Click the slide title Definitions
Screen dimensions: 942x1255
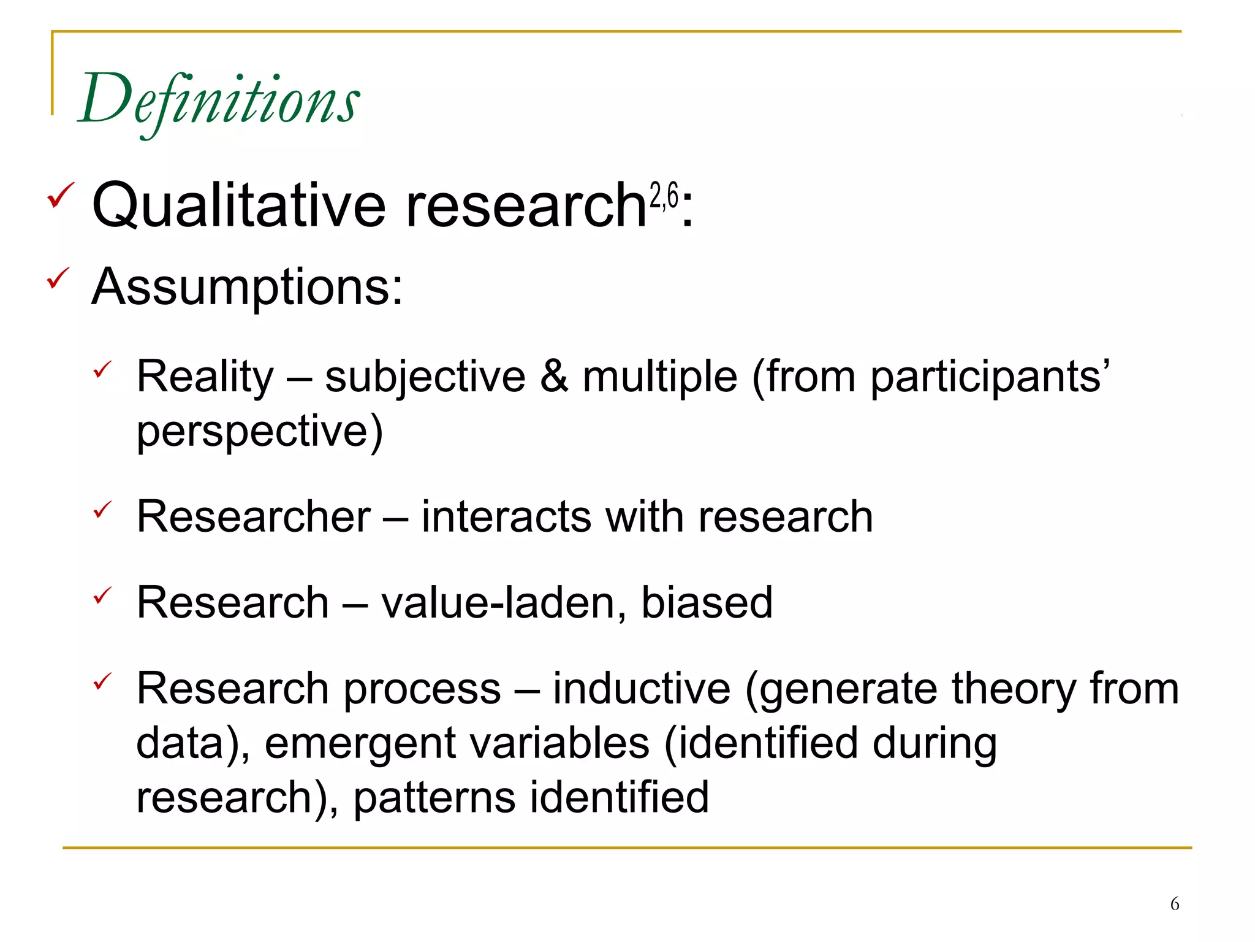219,100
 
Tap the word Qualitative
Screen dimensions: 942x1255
238,205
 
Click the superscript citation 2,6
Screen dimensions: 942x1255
664,196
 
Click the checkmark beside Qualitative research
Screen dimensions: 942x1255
60,195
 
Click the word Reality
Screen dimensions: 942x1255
205,376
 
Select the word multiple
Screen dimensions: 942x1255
659,377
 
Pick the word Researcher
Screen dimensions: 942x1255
253,516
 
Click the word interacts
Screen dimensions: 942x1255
506,516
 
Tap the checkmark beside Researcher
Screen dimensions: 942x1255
102,510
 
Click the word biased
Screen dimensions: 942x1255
707,602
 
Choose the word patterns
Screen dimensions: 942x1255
434,798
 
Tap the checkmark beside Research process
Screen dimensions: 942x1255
102,681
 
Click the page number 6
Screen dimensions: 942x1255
1174,903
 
